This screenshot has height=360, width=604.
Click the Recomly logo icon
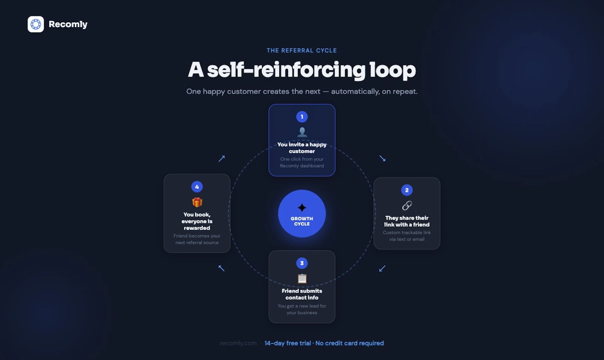tap(35, 24)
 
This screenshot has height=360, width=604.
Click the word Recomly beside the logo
tap(68, 24)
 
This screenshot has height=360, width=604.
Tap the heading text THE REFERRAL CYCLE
tap(302, 51)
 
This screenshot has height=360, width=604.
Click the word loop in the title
tap(393, 70)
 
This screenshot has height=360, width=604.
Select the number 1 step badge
tap(302, 117)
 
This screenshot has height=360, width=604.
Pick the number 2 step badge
tap(407, 190)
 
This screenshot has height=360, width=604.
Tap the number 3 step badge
tap(302, 263)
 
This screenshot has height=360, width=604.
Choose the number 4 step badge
tap(197, 186)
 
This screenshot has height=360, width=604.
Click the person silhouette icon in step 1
tap(302, 132)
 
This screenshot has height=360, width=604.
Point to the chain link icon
tap(407, 206)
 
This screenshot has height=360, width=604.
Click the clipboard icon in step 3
tap(302, 278)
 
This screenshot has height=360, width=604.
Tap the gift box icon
tap(197, 202)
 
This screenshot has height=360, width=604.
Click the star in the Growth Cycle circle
tap(302, 208)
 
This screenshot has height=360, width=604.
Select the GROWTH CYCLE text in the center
tap(302, 221)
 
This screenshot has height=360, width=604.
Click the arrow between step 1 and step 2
tap(382, 158)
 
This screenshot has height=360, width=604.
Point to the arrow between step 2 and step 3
tap(382, 268)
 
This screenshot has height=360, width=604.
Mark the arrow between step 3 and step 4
tap(221, 268)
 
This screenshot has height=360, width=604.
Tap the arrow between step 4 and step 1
tap(221, 158)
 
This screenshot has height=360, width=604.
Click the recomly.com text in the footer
tap(238, 343)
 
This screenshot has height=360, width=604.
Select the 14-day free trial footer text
tap(287, 343)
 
